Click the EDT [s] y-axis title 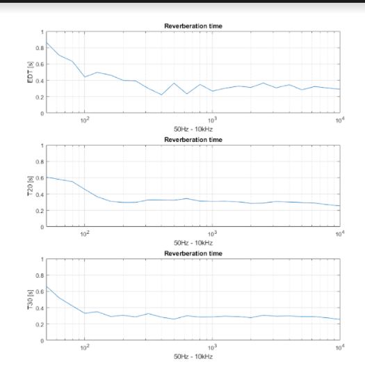coord(30,72)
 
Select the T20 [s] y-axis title coord(30,186)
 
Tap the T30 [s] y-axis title coord(30,300)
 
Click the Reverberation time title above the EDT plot coord(193,26)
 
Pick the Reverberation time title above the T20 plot coord(193,140)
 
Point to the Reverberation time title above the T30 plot coord(193,253)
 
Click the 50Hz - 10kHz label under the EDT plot coord(193,129)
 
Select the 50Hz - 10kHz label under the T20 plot coord(193,243)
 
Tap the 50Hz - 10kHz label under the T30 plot coord(193,356)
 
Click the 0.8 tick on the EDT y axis coord(40,48)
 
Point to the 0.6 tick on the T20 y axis coord(40,178)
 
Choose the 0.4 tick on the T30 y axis coord(40,308)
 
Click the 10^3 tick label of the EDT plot coord(212,120)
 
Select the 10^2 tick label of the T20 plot coord(85,234)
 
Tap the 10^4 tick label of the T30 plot coord(340,347)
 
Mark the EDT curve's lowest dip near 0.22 coord(161,95)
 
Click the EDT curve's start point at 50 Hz coord(47,42)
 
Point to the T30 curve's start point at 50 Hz coord(47,287)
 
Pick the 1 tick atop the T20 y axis coord(42,145)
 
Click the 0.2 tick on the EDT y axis coord(40,97)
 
